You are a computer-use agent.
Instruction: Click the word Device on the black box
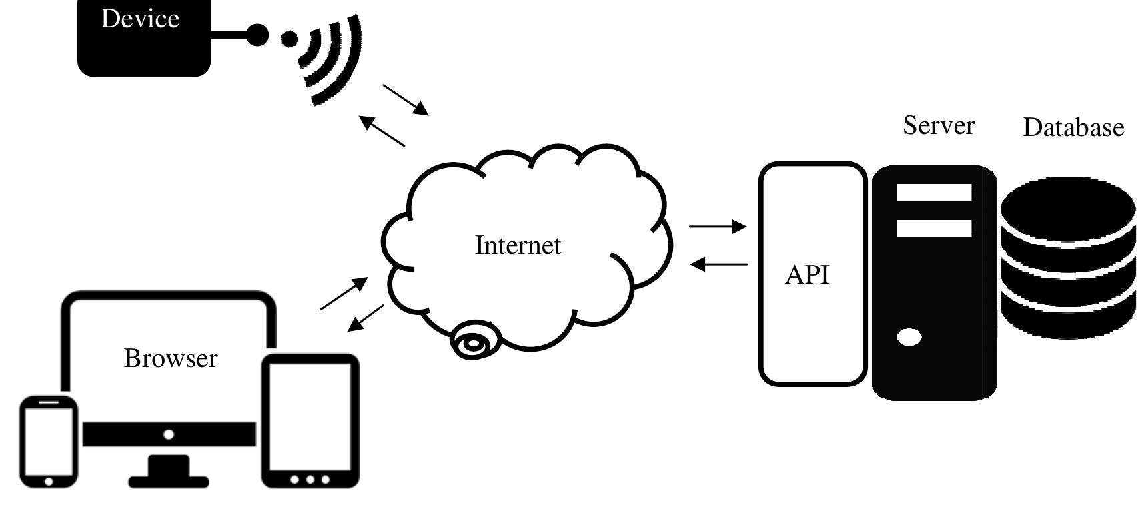click(140, 19)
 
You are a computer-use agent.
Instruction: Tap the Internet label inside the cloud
click(518, 245)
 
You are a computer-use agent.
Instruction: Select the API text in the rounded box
click(807, 274)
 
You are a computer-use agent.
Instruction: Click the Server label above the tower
click(938, 125)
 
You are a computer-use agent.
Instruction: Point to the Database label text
click(1073, 127)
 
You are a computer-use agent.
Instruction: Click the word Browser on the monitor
click(171, 358)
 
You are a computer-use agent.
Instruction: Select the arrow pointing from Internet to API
click(717, 227)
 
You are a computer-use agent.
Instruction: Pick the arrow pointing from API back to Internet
click(718, 264)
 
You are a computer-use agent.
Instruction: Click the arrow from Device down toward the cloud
click(406, 99)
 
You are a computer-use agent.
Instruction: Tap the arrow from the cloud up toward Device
click(382, 131)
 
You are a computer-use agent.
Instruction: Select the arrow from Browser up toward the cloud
click(344, 294)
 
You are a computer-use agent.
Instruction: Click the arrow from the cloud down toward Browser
click(366, 318)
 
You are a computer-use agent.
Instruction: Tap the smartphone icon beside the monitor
click(48, 442)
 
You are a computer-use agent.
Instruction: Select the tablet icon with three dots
click(310, 422)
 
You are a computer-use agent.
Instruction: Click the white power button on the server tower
click(909, 338)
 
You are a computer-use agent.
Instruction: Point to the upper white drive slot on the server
click(933, 193)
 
